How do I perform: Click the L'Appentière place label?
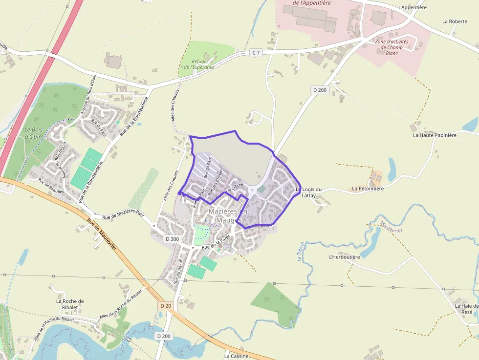(413, 8)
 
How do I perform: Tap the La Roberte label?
(455, 21)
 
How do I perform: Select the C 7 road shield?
(256, 52)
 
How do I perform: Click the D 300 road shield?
(173, 239)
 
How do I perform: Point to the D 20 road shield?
(165, 305)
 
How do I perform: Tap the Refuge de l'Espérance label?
(199, 64)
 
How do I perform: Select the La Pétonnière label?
(368, 188)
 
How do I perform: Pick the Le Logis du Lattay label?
(309, 192)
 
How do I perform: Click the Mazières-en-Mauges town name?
(229, 215)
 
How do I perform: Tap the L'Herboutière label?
(344, 257)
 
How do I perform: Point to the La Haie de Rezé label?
(466, 309)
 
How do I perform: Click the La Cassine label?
(237, 356)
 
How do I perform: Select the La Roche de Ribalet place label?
(70, 304)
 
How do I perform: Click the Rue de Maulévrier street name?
(102, 234)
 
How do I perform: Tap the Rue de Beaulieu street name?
(51, 186)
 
